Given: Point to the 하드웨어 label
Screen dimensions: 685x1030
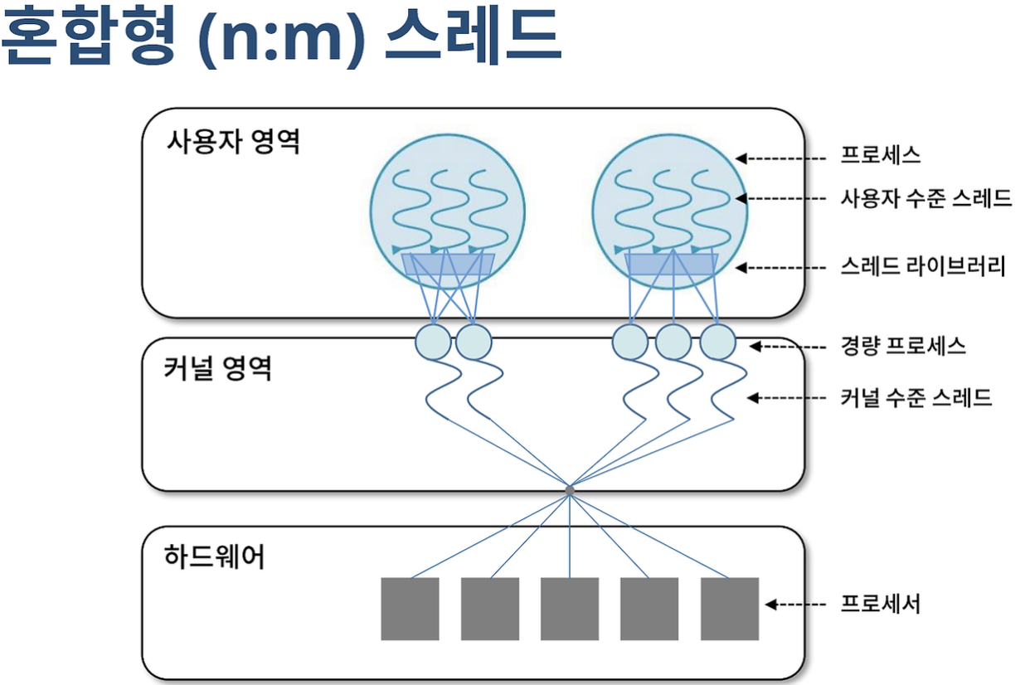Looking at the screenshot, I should pyautogui.click(x=215, y=557).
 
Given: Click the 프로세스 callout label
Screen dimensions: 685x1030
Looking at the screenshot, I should pyautogui.click(x=880, y=155).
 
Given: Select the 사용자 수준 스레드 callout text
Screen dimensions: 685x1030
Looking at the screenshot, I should pyautogui.click(x=926, y=198).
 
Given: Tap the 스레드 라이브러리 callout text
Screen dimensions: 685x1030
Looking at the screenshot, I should pyautogui.click(x=922, y=267).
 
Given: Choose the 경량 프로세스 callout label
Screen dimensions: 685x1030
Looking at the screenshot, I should pyautogui.click(x=902, y=346).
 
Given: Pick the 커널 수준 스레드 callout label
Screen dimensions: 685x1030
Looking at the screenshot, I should pyautogui.click(x=916, y=398).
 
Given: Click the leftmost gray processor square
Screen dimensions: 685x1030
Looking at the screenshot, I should pyautogui.click(x=410, y=609).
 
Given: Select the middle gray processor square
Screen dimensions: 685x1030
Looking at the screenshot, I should pyautogui.click(x=570, y=609).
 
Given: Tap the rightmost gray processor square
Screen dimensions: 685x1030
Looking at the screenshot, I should pyautogui.click(x=730, y=609).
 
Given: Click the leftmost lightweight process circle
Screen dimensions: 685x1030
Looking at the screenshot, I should pyautogui.click(x=432, y=342).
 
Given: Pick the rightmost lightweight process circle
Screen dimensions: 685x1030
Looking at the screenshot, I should pyautogui.click(x=717, y=342).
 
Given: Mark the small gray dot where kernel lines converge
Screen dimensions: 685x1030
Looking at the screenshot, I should pyautogui.click(x=570, y=490).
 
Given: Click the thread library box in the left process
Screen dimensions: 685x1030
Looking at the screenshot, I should pyautogui.click(x=448, y=265).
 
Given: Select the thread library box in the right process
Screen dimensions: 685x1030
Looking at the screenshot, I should pyautogui.click(x=671, y=265).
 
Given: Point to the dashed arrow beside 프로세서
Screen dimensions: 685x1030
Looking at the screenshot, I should pyautogui.click(x=796, y=605).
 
